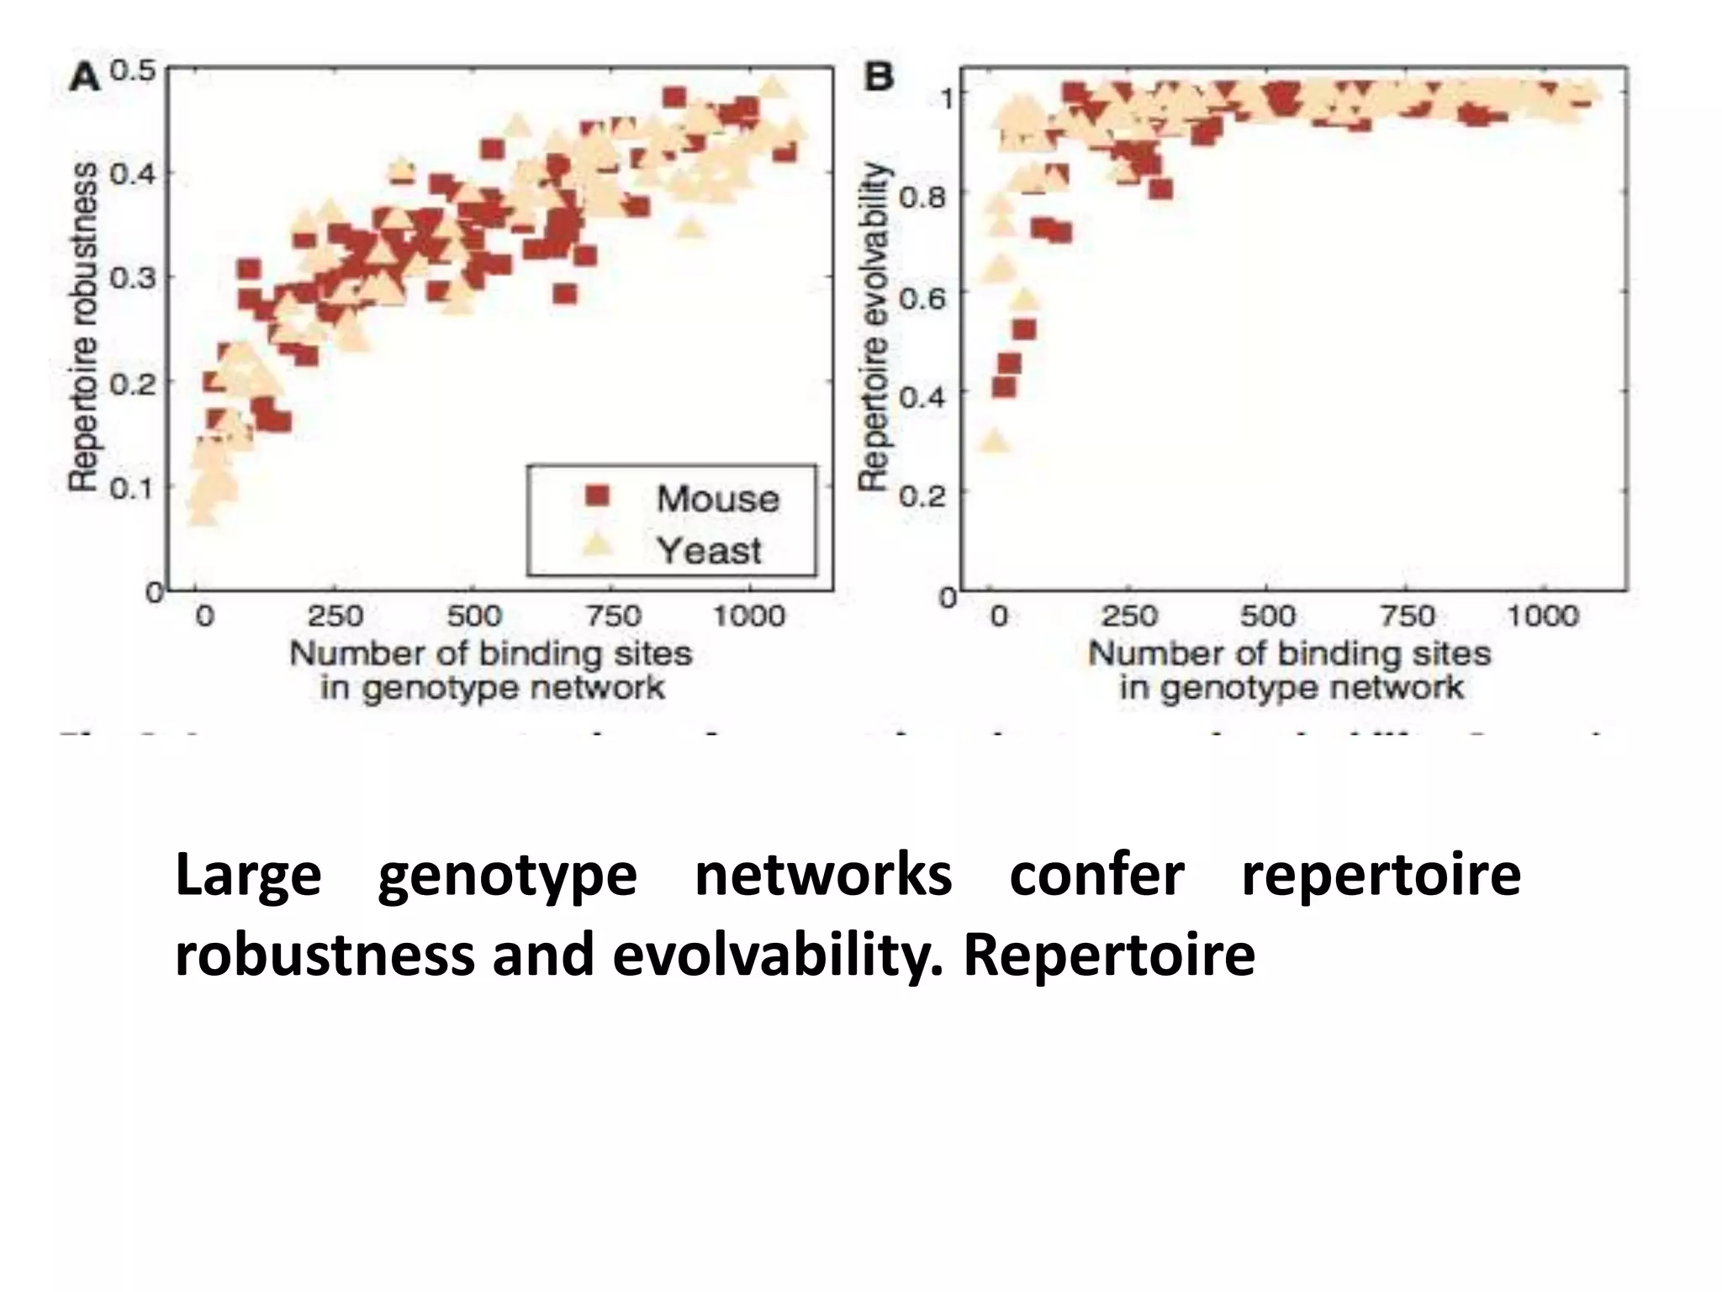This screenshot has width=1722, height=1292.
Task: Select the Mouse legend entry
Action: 716,499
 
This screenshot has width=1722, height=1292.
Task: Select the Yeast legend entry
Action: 708,551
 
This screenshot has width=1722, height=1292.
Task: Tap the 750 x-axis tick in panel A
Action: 612,617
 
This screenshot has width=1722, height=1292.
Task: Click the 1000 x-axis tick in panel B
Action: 1541,617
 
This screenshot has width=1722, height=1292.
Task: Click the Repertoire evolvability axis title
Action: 874,326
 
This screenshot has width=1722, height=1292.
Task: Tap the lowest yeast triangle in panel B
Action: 995,441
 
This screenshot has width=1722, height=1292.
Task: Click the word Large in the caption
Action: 248,876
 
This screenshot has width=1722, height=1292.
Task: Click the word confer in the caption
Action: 1096,876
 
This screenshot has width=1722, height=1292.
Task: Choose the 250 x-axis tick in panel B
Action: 1128,617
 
